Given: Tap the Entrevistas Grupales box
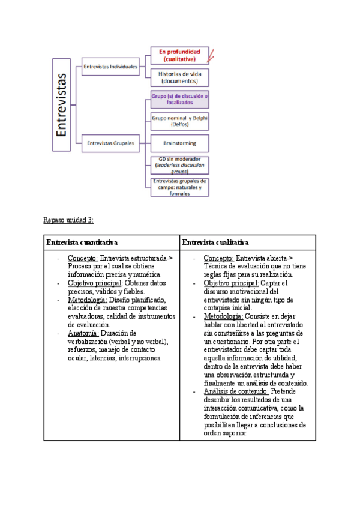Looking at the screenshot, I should point(111,143).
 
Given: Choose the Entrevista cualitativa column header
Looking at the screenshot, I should point(215,242).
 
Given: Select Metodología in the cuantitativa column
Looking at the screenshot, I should point(88,300).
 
